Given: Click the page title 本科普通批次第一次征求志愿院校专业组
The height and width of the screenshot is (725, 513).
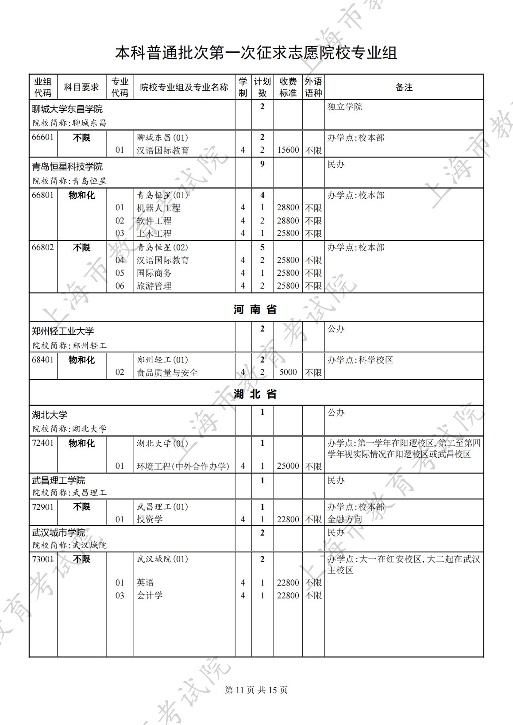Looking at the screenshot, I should click(256, 53).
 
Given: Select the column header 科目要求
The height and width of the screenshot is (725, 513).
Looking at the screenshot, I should click(81, 87).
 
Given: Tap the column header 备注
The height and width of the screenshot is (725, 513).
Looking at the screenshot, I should click(404, 87).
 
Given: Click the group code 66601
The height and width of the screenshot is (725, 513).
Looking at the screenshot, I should click(43, 137).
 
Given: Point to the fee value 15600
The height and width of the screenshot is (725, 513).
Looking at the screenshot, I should click(288, 150).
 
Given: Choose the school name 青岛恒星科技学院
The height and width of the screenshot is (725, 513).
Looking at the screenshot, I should click(67, 166).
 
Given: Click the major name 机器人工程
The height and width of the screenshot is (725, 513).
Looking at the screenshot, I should click(158, 208).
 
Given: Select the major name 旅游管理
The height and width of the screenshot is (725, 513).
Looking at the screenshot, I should click(154, 286).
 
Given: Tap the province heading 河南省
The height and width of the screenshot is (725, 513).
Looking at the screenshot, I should click(255, 309).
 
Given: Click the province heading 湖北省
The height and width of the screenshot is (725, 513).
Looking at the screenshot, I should click(255, 393).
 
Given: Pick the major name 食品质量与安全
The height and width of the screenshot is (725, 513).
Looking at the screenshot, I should click(167, 373).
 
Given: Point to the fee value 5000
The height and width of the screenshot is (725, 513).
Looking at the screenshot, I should click(288, 372).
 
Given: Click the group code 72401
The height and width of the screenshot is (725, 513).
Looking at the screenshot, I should click(43, 443).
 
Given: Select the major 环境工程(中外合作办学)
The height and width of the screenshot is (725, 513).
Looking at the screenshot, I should click(183, 466).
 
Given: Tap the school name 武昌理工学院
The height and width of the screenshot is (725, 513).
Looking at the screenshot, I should click(58, 480).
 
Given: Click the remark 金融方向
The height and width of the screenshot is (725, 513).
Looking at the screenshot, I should click(345, 519).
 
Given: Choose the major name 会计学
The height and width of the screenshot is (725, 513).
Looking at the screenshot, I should click(150, 595).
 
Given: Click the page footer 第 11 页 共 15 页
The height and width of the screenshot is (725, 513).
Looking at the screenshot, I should click(256, 690).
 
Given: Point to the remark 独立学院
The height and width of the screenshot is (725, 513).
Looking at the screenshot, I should click(345, 107).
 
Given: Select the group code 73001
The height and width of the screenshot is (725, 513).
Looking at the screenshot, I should click(43, 559).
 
